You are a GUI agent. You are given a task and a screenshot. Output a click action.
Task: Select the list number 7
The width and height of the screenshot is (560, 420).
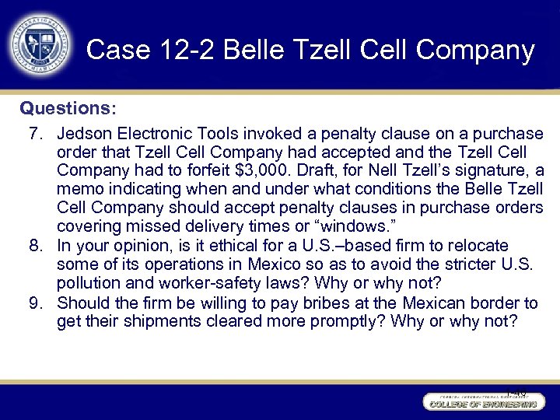point(36,134)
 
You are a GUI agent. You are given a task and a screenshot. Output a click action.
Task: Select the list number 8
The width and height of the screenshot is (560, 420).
point(36,246)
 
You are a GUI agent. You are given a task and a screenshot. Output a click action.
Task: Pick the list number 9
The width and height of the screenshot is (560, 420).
point(36,302)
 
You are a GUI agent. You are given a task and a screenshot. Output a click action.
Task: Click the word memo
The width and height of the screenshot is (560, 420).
point(79,190)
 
